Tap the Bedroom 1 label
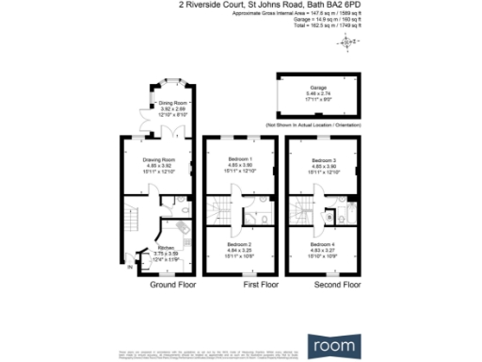pos(241,157)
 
